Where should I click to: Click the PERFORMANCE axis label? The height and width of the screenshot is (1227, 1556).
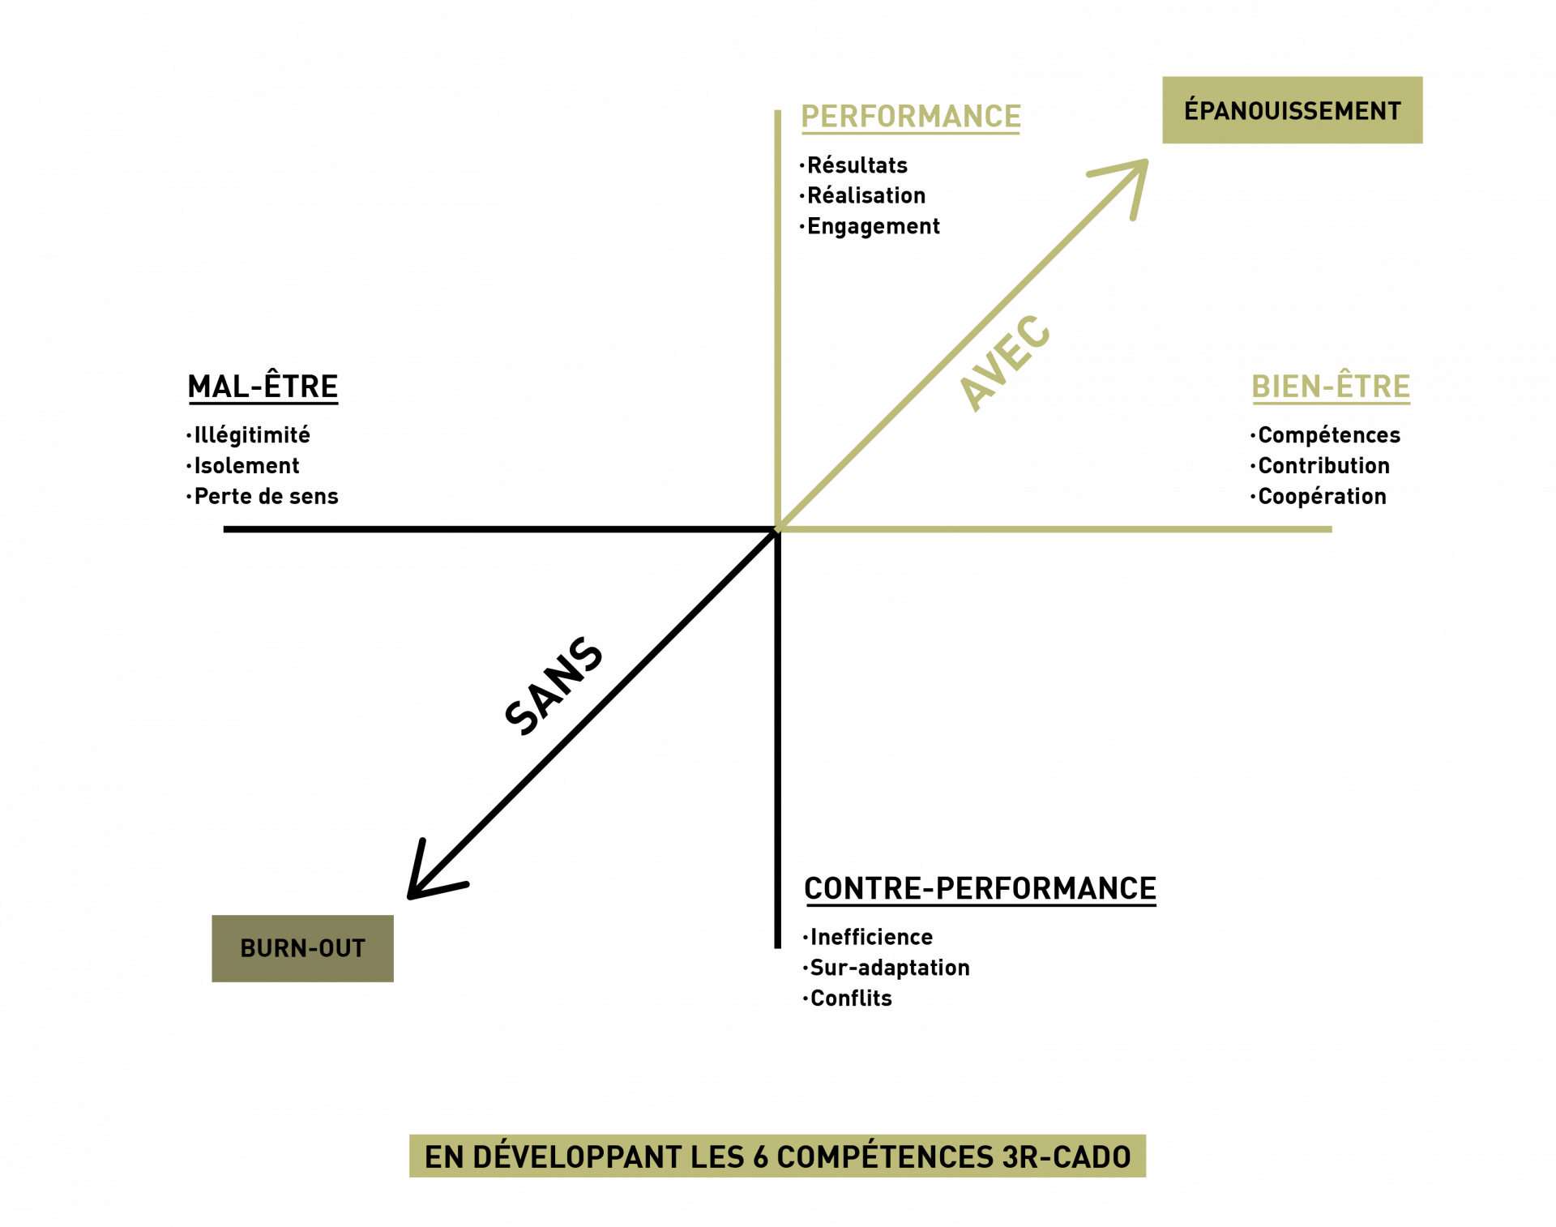[910, 116]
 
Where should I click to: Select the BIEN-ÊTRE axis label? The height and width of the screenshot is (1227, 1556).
[1331, 386]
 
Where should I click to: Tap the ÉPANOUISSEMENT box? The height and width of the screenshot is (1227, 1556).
[1292, 110]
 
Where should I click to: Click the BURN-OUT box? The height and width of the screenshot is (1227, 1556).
[302, 948]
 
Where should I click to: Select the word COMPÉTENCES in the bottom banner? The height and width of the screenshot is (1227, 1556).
[885, 1156]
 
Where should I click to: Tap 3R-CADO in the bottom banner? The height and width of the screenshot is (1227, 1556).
[1067, 1156]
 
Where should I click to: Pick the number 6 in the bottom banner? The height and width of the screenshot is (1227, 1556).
[760, 1157]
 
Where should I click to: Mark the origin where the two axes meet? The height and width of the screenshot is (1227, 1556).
[778, 528]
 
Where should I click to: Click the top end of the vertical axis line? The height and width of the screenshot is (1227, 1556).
[777, 113]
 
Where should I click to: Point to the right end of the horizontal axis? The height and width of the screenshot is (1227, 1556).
[1330, 529]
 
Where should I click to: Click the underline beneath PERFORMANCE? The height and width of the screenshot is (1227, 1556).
[910, 132]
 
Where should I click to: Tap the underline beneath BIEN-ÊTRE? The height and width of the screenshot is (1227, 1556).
[1331, 403]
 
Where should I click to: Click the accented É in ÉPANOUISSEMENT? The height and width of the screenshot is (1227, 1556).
[1191, 109]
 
